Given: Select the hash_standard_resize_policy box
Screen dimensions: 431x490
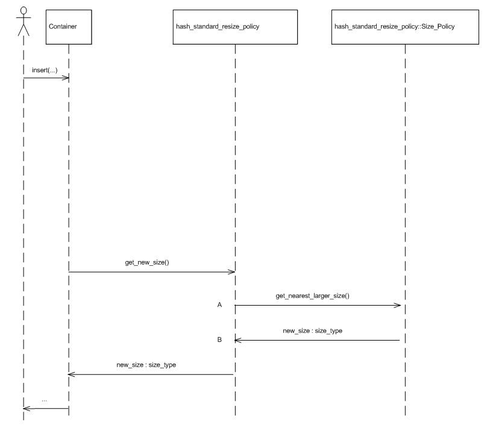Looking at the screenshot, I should coord(235,27).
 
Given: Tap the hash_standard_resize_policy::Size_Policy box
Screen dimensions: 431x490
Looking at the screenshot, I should coord(405,27).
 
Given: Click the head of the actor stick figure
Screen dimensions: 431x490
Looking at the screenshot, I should coord(24,11).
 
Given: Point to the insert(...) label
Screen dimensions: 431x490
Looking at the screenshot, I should coord(43,71).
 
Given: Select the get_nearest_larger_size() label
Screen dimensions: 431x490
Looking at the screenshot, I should coord(316,296).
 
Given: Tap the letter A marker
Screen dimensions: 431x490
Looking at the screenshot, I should coord(219,306).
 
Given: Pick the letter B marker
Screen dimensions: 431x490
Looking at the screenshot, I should coord(219,340).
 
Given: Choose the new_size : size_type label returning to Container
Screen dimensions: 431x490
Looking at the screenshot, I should coord(146,365).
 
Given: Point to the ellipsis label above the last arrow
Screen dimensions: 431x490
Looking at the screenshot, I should coord(45,400).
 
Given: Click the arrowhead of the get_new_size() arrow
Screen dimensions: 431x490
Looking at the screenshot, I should coord(231,272).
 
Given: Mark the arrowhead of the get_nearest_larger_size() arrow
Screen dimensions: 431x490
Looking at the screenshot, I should coord(398,306).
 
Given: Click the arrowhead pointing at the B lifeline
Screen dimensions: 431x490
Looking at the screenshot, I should coord(239,340).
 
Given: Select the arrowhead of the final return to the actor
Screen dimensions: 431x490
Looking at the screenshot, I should coord(27,409).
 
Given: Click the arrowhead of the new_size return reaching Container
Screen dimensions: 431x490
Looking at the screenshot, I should coord(72,374).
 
